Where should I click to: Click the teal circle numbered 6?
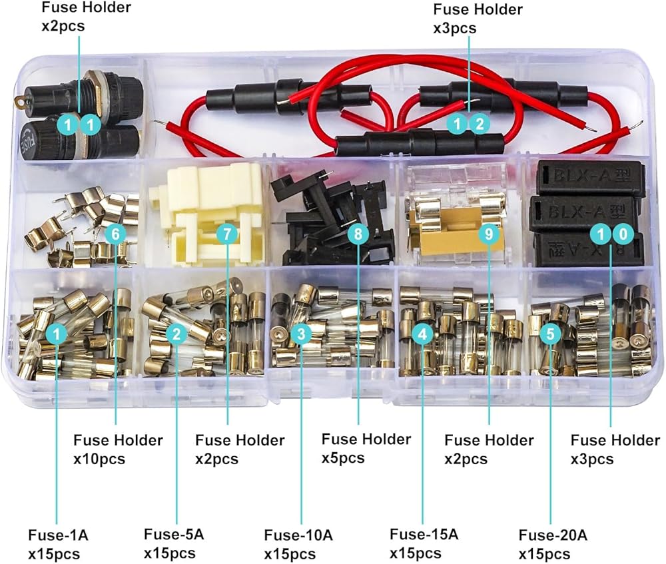[x=115, y=234]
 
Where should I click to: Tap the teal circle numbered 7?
[x=227, y=234]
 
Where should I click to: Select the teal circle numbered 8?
[x=358, y=234]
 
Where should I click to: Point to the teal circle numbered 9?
[x=489, y=234]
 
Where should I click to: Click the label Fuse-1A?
[x=58, y=534]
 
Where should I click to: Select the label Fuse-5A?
[x=174, y=534]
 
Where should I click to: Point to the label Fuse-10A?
[x=298, y=535]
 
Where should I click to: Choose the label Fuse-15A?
[x=424, y=534]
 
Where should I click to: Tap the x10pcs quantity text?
[x=99, y=459]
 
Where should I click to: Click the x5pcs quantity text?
[x=344, y=458]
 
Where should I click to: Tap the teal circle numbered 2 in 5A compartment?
[x=176, y=334]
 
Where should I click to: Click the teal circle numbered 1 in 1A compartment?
[x=58, y=334]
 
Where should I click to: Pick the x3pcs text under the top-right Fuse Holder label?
[x=456, y=29]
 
